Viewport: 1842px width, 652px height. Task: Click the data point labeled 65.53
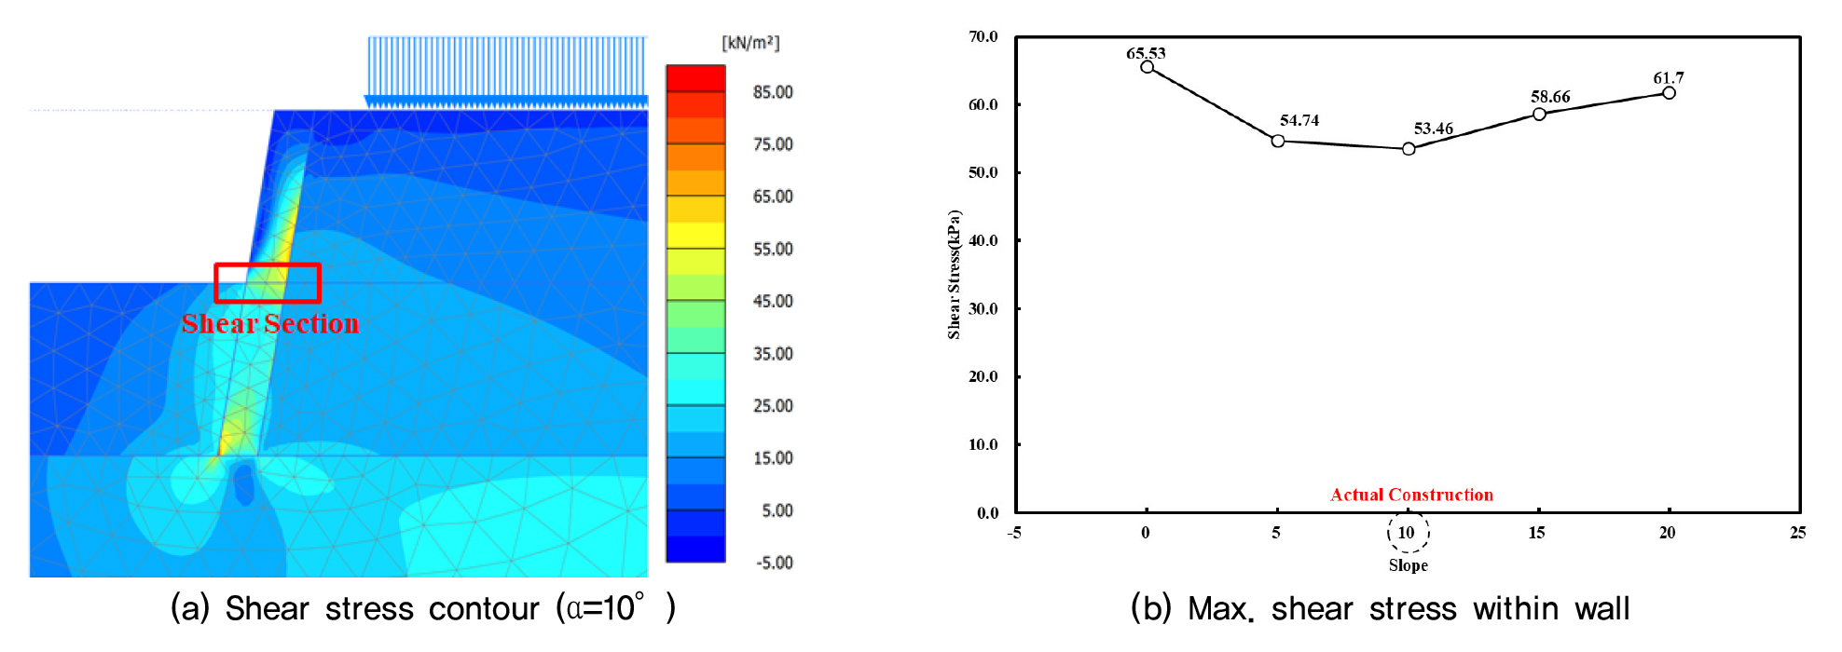(1147, 67)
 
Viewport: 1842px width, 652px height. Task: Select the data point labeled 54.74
(1278, 141)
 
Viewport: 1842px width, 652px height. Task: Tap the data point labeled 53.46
(1409, 149)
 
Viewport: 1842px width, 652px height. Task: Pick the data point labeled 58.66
(1539, 114)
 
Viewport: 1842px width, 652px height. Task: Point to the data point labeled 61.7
(1669, 93)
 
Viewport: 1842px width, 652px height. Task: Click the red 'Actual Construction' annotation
(1411, 495)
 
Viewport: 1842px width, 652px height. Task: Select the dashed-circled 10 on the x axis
(1407, 533)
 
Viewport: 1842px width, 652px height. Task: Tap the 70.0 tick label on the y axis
(983, 37)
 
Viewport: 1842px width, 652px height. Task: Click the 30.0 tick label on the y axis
(983, 308)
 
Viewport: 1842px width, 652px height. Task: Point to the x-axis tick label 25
(1797, 533)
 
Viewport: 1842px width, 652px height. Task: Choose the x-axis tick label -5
(1014, 533)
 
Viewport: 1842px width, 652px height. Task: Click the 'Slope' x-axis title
(1408, 565)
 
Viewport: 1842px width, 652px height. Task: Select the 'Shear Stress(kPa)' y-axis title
(954, 275)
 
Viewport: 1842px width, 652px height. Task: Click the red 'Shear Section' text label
(270, 323)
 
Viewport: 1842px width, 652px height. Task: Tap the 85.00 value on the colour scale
(773, 92)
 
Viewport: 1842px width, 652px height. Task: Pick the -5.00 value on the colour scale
(773, 563)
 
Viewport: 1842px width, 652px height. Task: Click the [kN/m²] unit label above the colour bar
(750, 43)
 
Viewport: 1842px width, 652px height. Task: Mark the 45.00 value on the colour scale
(773, 301)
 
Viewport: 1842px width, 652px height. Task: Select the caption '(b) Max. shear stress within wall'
(1380, 608)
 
